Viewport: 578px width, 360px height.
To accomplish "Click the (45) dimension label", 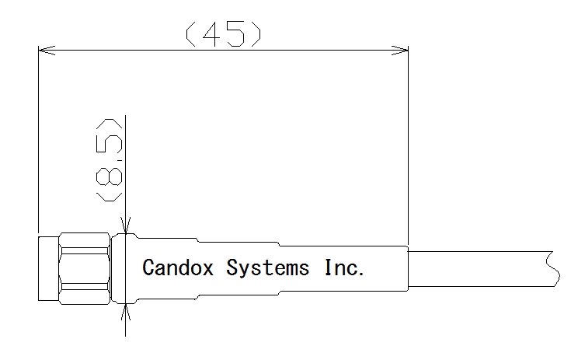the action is coord(224,34).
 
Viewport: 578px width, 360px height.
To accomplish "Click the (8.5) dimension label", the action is coord(109,160).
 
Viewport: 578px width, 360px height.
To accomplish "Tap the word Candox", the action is coord(178,267).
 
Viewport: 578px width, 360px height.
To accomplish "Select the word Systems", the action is coord(267,268).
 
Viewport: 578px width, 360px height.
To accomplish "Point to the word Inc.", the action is coord(344,267).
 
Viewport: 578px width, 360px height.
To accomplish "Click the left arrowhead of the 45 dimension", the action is coord(47,50).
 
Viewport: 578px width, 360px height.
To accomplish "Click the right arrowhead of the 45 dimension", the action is coord(399,50).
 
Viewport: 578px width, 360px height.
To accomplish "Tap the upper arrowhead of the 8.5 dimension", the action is coord(126,225).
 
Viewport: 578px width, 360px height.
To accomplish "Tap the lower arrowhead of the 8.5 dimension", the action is coord(126,312).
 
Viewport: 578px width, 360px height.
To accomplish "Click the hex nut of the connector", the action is coord(85,268).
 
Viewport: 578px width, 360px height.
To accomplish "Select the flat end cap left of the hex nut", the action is coord(49,268).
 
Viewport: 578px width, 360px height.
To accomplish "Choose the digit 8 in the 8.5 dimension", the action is coord(109,177).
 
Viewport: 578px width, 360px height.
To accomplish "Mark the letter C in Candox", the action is coord(148,267).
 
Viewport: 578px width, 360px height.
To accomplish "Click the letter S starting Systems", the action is coord(232,267).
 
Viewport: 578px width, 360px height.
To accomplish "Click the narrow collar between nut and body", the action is coord(118,268).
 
